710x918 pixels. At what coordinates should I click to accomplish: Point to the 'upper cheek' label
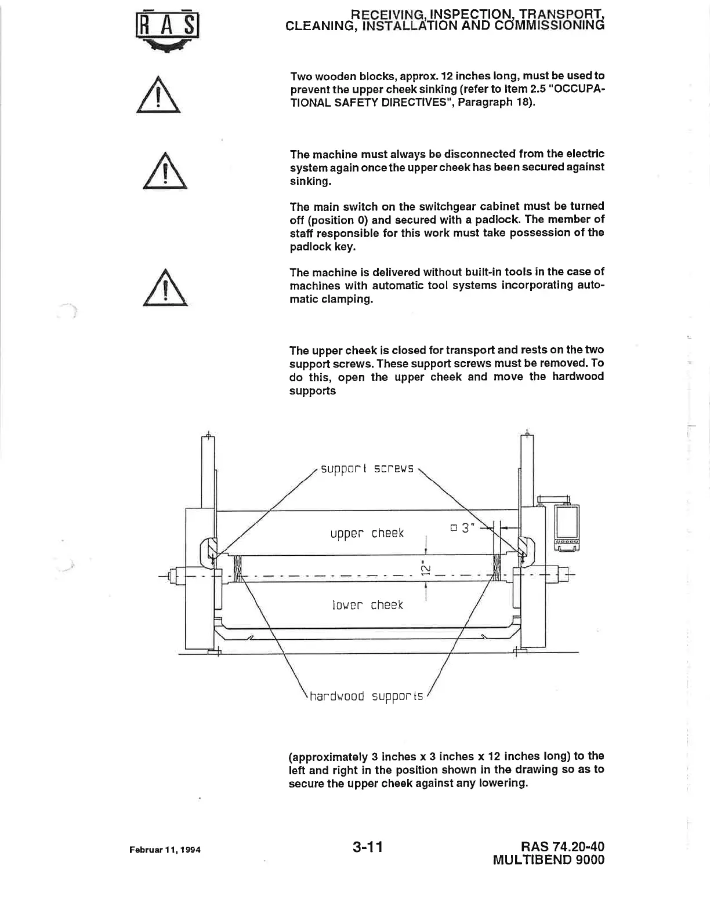(x=367, y=533)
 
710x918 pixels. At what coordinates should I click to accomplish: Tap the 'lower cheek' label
(x=367, y=605)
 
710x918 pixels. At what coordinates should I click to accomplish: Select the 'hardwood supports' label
(x=367, y=695)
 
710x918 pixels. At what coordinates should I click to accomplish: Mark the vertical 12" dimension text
(x=426, y=568)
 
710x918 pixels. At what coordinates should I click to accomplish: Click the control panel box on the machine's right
(x=567, y=527)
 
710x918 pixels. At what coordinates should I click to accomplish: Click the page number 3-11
(x=367, y=847)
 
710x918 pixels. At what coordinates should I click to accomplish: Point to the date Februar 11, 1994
(x=165, y=850)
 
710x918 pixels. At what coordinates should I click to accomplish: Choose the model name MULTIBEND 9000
(x=548, y=860)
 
